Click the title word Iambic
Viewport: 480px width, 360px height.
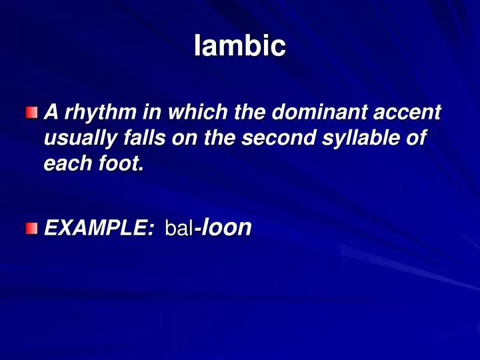tap(240, 47)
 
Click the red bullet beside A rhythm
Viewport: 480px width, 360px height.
tap(32, 113)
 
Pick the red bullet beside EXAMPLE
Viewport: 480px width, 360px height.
tap(32, 229)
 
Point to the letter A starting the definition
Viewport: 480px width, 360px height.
tap(49, 114)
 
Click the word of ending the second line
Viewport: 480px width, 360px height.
tap(419, 139)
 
